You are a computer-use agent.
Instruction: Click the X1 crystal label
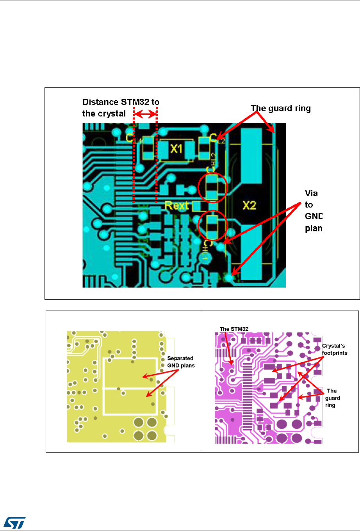pos(177,149)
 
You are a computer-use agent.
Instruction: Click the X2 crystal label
pos(249,205)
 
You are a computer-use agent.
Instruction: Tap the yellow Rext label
pos(176,205)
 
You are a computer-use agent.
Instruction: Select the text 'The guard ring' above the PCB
pos(280,108)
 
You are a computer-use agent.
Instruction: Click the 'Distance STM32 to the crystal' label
pos(121,108)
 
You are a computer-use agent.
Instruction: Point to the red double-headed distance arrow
pos(145,114)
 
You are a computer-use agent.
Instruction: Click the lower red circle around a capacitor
pos(212,226)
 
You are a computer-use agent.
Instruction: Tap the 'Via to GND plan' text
pos(313,211)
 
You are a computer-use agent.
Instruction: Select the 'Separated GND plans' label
pos(180,362)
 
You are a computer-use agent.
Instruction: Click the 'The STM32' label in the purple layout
pos(234,329)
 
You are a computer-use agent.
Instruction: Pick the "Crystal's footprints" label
pos(334,349)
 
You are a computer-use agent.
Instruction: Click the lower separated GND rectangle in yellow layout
pos(130,402)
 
